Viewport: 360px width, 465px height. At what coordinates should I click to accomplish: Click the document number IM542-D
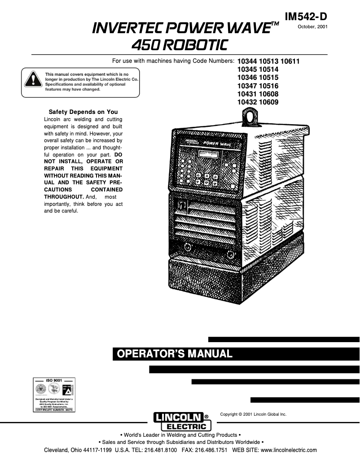306,16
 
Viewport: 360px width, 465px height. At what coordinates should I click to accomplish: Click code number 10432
246,102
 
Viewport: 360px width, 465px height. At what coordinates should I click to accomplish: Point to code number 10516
268,86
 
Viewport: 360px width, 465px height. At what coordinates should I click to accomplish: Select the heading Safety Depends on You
83,112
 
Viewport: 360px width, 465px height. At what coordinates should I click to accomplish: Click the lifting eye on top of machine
248,117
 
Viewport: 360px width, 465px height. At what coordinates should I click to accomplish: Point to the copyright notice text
253,414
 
